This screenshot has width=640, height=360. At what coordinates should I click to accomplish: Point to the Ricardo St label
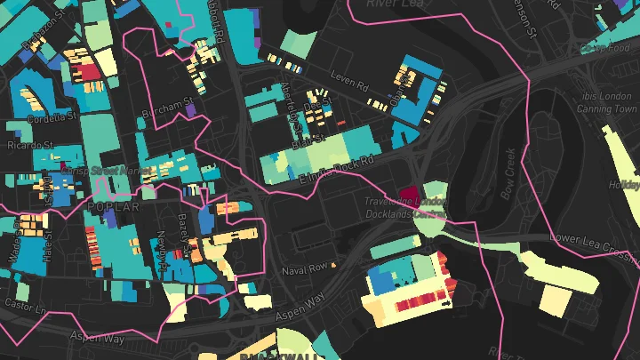pyautogui.click(x=31, y=144)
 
